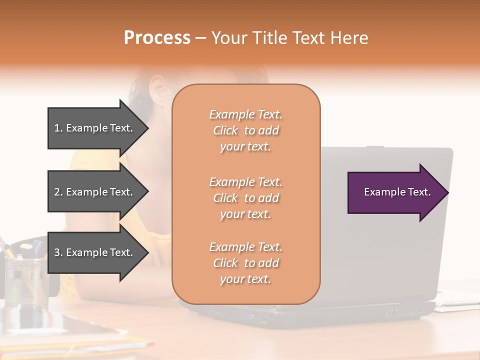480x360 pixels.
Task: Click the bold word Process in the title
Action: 157,38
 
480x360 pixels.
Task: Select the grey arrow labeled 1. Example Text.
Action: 95,128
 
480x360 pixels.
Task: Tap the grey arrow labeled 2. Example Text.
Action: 95,192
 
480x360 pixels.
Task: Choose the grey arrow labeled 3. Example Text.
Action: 95,252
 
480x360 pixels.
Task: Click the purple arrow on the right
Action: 395,192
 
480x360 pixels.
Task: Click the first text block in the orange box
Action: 245,130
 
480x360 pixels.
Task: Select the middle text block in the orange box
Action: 245,198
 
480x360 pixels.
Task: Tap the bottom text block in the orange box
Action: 245,263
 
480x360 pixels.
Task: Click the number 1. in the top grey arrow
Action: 58,128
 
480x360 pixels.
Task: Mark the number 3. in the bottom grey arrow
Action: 58,252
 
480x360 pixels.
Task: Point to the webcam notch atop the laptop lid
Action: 375,147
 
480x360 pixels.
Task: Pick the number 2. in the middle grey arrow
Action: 58,192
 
